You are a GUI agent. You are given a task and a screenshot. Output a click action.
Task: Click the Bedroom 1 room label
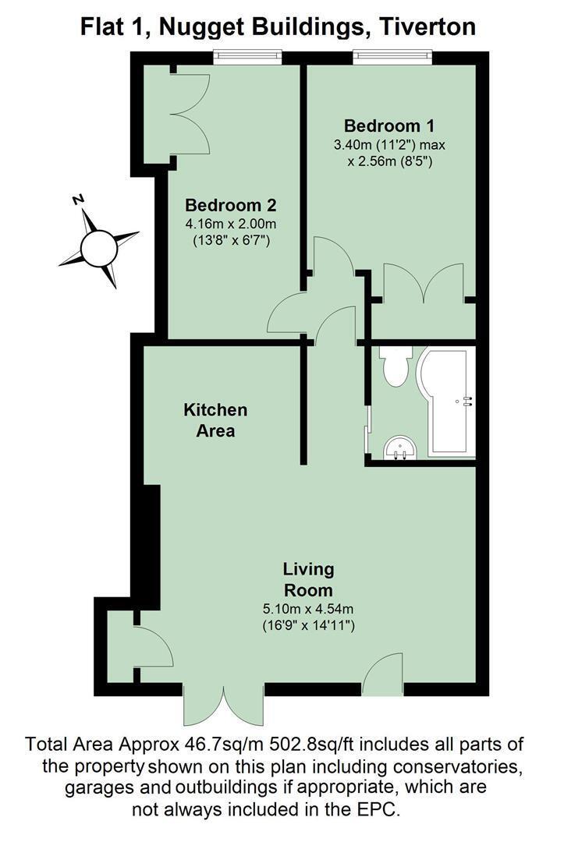click(x=389, y=126)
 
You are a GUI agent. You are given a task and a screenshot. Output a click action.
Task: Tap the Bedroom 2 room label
click(x=230, y=205)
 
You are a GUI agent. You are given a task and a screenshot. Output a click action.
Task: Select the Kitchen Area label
click(x=215, y=420)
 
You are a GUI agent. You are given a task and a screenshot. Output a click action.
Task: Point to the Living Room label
click(x=308, y=579)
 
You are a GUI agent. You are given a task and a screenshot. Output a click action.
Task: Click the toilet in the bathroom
click(x=396, y=365)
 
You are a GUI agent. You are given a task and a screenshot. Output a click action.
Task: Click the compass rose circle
click(x=99, y=248)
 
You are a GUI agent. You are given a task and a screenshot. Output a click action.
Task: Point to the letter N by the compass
click(x=79, y=200)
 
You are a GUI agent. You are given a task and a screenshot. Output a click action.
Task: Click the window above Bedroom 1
click(x=392, y=56)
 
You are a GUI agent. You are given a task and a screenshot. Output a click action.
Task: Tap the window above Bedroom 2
click(x=247, y=56)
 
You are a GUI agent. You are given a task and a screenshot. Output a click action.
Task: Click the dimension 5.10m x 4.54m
click(x=308, y=609)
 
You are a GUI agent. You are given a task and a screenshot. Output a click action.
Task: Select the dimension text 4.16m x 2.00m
click(x=231, y=224)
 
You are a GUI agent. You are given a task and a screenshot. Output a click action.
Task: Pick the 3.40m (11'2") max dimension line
click(x=389, y=145)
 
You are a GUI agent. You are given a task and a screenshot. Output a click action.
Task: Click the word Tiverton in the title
click(x=427, y=27)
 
